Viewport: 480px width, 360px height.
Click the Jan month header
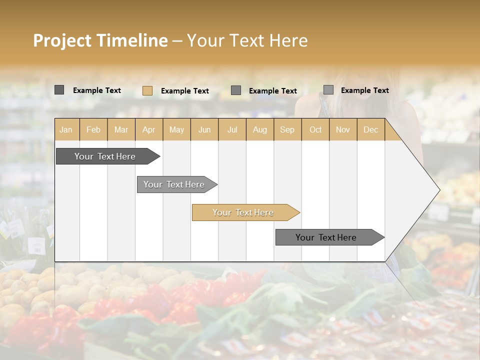point(66,130)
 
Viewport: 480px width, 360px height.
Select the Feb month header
point(93,130)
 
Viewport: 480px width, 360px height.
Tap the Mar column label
point(121,130)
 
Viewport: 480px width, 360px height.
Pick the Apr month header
point(149,130)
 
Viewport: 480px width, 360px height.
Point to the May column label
point(176,130)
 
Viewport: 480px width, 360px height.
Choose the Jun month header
point(204,130)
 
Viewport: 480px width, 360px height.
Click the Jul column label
point(232,130)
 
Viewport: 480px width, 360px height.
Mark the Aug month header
point(260,130)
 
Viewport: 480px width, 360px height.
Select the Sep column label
point(287,130)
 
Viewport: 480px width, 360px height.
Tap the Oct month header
point(315,130)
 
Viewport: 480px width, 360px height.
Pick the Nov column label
point(343,130)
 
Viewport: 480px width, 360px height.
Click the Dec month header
point(371,130)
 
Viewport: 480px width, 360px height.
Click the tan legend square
point(147,90)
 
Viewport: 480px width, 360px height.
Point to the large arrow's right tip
point(438,190)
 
